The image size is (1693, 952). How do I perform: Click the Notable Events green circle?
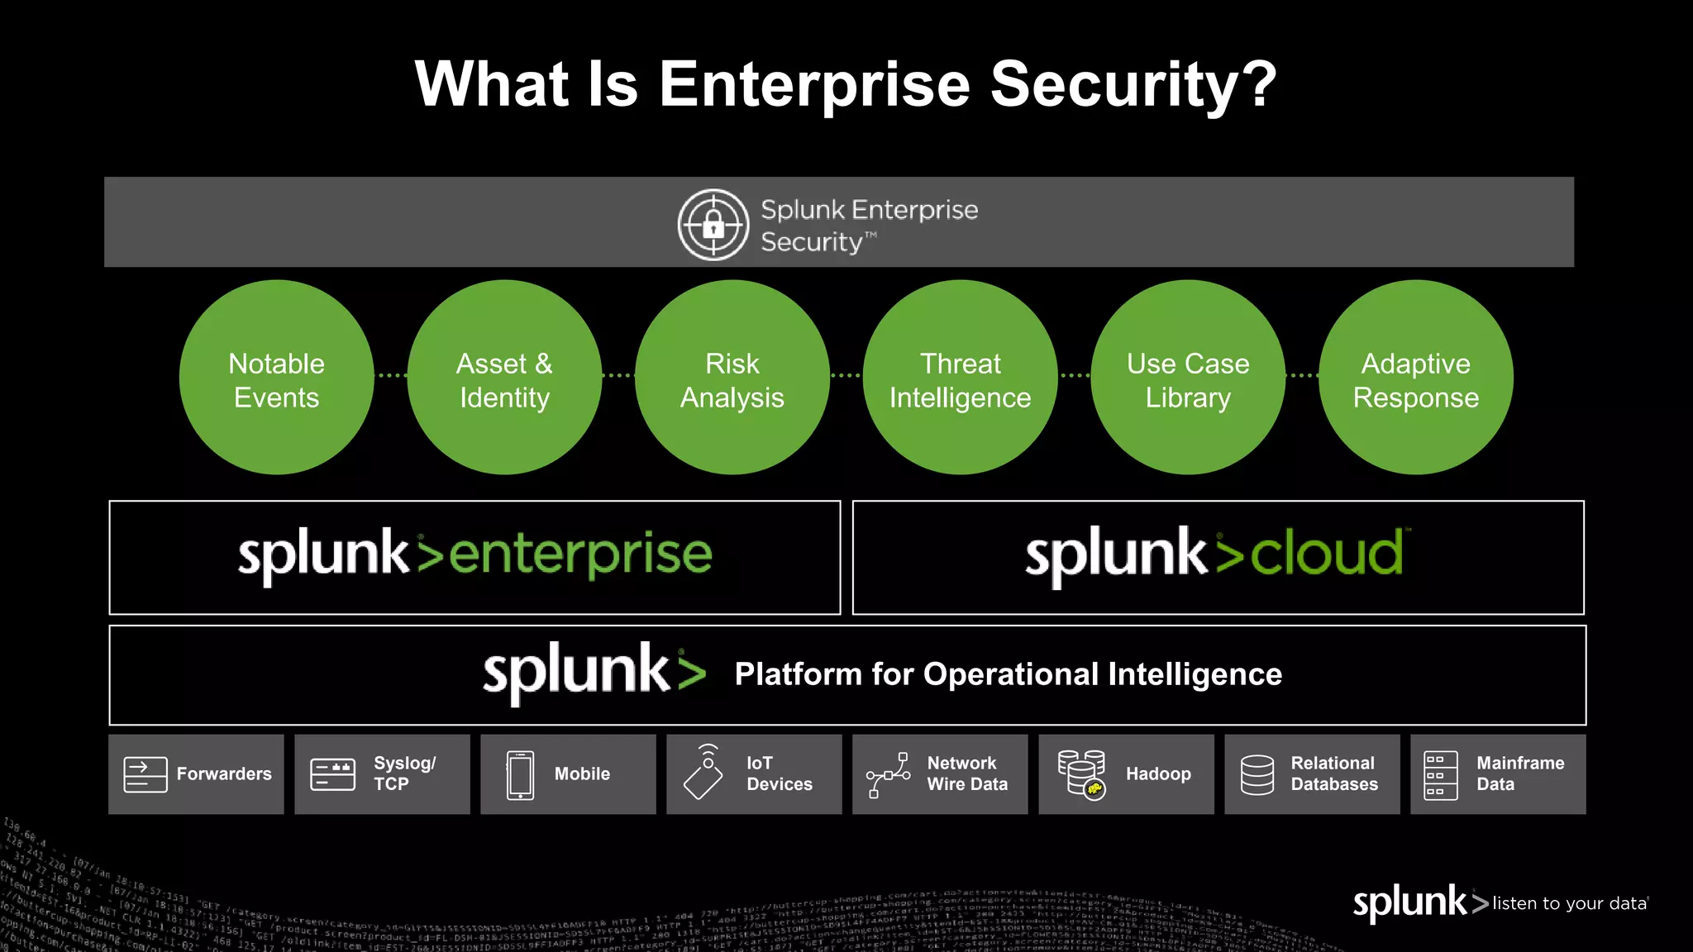[276, 378]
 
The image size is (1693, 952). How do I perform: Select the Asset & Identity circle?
[504, 378]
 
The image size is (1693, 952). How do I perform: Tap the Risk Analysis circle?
[732, 378]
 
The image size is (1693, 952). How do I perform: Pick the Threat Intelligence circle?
[960, 378]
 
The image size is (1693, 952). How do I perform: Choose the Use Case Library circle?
[1188, 378]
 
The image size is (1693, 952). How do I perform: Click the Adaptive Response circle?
[1416, 378]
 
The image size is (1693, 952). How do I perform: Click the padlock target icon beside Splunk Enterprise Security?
[713, 225]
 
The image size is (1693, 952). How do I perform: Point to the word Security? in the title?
[1133, 85]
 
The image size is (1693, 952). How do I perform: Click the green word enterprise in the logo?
[580, 555]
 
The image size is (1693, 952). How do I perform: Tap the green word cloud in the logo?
[1326, 555]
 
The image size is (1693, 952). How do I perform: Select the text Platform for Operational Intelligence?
[1008, 674]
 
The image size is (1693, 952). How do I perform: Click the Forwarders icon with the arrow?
[145, 774]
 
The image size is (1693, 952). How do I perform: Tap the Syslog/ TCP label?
[404, 773]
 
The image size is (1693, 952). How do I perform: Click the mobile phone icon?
[520, 774]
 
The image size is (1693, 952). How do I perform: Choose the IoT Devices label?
[779, 773]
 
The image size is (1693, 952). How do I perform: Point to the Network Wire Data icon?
[888, 774]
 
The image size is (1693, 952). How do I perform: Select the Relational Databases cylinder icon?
[1257, 774]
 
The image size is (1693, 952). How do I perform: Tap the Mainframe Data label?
[1519, 773]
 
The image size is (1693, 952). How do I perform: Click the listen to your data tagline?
[1569, 903]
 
